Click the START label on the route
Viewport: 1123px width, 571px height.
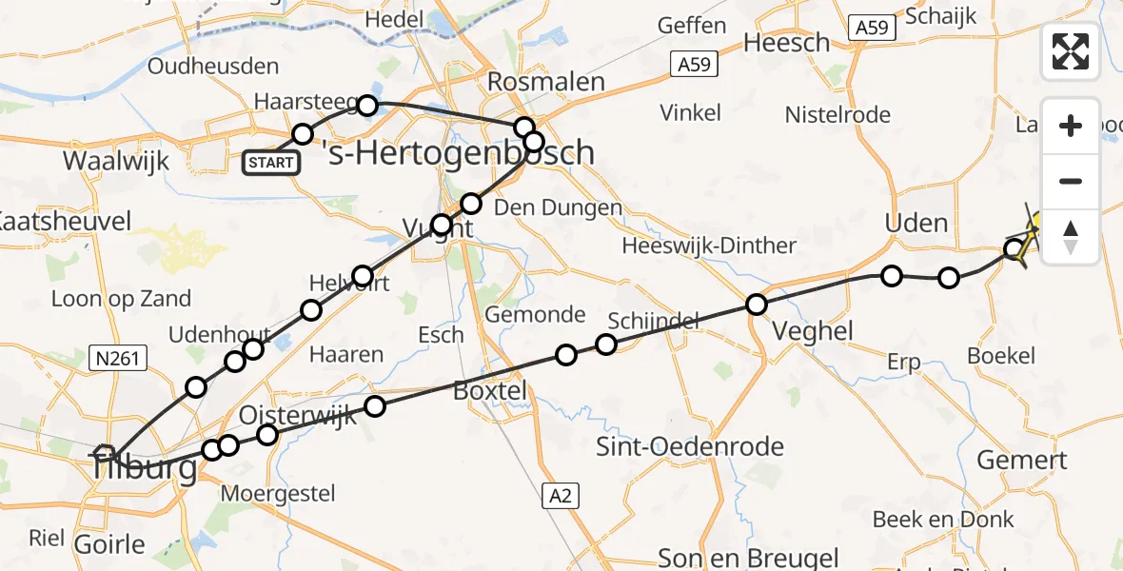[271, 163]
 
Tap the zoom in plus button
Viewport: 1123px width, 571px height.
[1071, 126]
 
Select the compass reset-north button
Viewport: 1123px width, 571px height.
[1071, 237]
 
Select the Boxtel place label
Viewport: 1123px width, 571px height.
[489, 391]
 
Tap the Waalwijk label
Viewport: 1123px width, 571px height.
[116, 160]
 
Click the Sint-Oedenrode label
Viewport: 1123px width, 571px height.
[690, 446]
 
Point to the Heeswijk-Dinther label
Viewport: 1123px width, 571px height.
[709, 246]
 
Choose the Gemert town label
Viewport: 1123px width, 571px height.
[1022, 460]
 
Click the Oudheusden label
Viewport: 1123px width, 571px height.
[213, 67]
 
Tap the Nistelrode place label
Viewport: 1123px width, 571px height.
[837, 115]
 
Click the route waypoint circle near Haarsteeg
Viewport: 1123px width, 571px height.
[367, 105]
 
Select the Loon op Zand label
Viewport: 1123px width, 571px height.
[121, 299]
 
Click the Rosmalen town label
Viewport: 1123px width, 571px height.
[545, 82]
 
